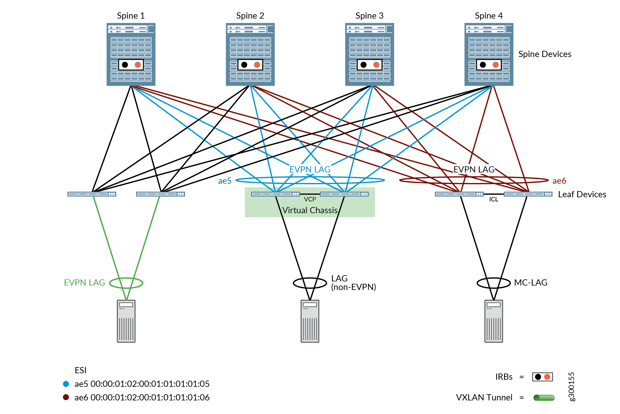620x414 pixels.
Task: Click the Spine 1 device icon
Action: [131, 54]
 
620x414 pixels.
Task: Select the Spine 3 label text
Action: [369, 16]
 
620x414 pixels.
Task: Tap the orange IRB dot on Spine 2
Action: [257, 65]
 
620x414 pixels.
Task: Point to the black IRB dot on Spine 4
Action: [483, 65]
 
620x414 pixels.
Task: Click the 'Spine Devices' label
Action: [544, 54]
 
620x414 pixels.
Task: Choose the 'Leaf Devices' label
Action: [582, 194]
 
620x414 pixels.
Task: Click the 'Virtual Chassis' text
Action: [310, 210]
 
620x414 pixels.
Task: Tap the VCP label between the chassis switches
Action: [310, 199]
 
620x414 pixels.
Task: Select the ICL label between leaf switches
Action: [493, 199]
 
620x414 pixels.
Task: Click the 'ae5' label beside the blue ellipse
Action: [225, 181]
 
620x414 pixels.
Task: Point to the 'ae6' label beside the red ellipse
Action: [559, 181]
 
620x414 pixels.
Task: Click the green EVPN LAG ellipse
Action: [126, 283]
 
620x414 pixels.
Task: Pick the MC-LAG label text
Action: [531, 283]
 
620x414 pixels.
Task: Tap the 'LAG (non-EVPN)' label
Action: [353, 283]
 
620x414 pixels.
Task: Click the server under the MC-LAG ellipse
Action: [493, 321]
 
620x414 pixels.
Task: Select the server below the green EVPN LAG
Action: [126, 321]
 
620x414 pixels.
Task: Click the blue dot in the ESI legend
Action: [66, 384]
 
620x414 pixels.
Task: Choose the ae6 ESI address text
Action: [142, 397]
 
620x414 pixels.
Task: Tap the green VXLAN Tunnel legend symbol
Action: [544, 398]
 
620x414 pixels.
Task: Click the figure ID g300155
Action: [572, 387]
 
